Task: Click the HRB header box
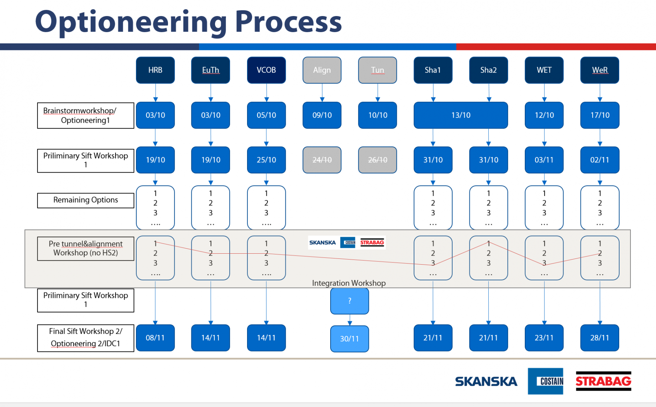pyautogui.click(x=155, y=70)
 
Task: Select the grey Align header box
pyautogui.click(x=322, y=70)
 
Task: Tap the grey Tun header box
pyautogui.click(x=378, y=70)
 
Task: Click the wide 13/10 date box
pyautogui.click(x=461, y=115)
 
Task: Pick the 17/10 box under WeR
pyautogui.click(x=600, y=115)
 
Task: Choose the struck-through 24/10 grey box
pyautogui.click(x=322, y=160)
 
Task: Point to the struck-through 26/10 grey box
pyautogui.click(x=378, y=160)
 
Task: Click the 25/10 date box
pyautogui.click(x=266, y=160)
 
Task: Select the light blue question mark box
pyautogui.click(x=350, y=301)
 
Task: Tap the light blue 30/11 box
pyautogui.click(x=350, y=339)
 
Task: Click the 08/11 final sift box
pyautogui.click(x=155, y=338)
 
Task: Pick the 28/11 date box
pyautogui.click(x=600, y=338)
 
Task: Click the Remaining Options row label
pyautogui.click(x=86, y=200)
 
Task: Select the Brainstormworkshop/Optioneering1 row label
pyautogui.click(x=86, y=115)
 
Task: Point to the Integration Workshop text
pyautogui.click(x=349, y=283)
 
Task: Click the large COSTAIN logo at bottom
pyautogui.click(x=546, y=381)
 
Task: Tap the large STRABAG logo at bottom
pyautogui.click(x=603, y=381)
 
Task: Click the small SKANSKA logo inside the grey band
pyautogui.click(x=323, y=242)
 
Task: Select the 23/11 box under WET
pyautogui.click(x=544, y=338)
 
